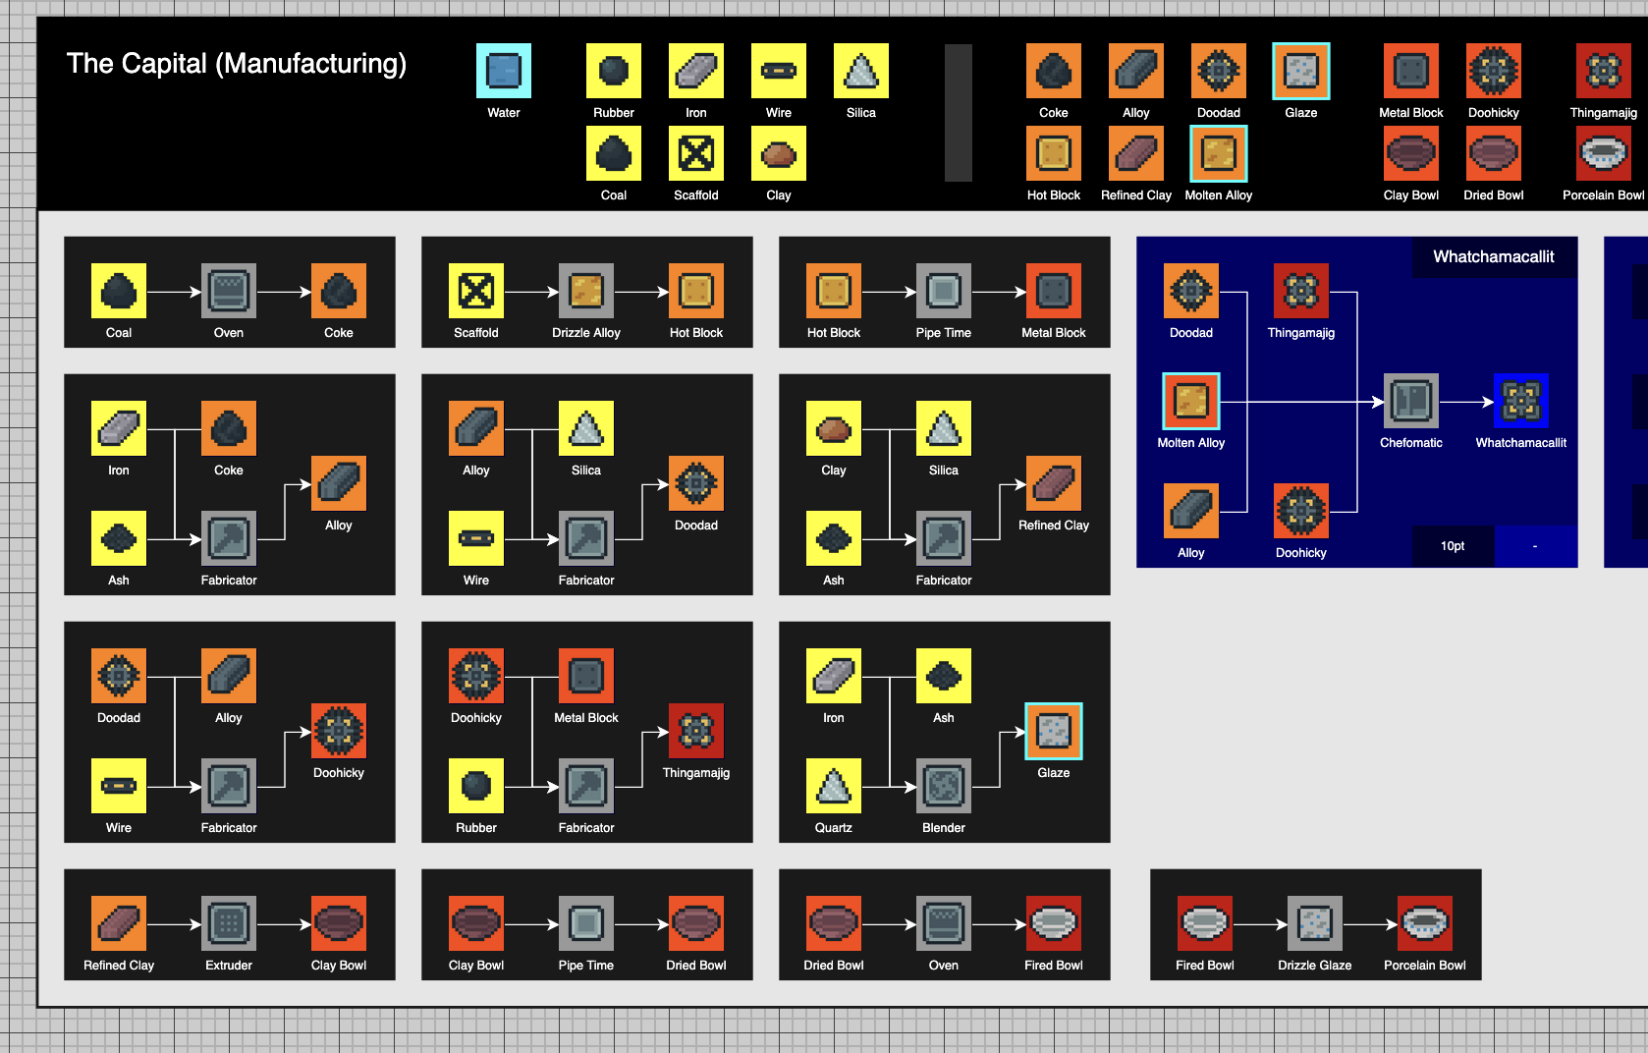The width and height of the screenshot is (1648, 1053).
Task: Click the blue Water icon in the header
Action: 503,71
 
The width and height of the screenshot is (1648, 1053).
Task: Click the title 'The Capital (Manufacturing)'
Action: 236,64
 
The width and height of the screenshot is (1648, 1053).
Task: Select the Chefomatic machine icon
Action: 1410,401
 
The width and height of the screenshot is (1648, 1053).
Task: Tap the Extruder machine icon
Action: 228,923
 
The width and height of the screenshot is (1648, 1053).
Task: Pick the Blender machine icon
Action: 943,786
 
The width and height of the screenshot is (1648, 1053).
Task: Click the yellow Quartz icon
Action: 834,786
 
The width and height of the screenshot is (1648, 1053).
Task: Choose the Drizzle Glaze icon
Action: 1315,923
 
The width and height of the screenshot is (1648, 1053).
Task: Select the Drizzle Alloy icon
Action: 585,291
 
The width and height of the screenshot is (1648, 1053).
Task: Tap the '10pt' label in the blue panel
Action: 1453,546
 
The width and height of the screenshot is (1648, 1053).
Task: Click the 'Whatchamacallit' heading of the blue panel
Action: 1494,256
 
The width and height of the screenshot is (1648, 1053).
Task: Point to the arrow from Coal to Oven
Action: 174,292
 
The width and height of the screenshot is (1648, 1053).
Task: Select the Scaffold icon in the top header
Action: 696,153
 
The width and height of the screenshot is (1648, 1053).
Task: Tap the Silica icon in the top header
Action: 860,71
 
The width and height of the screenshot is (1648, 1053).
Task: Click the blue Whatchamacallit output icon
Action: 1520,401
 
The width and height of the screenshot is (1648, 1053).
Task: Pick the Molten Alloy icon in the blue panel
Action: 1191,401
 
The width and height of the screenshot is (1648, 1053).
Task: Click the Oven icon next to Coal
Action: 228,291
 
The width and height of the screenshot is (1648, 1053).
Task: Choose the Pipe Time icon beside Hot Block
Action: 943,291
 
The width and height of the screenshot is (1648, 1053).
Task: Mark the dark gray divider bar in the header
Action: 958,113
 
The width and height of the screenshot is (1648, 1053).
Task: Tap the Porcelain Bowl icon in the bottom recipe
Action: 1424,923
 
